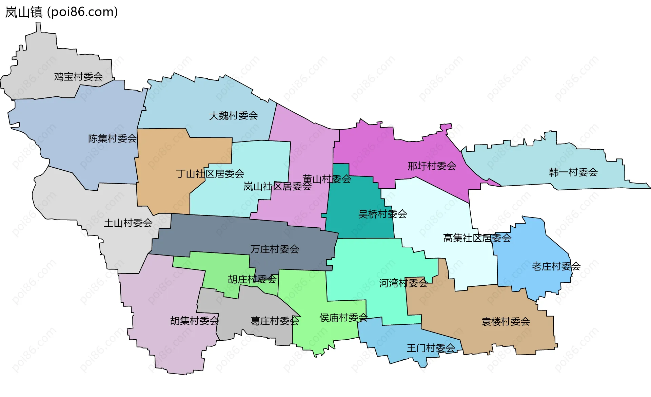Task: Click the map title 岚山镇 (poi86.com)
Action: (61, 12)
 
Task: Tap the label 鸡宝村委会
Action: (78, 77)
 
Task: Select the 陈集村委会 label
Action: (112, 138)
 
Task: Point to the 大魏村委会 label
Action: (233, 116)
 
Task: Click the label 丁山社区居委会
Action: (210, 174)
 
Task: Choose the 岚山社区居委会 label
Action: (277, 186)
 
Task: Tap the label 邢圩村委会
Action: (432, 166)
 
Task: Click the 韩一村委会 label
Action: (573, 172)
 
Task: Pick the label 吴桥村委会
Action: (382, 214)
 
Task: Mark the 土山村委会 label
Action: (128, 223)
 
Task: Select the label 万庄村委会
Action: (275, 249)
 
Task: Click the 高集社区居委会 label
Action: (477, 238)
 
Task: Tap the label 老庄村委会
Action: (556, 266)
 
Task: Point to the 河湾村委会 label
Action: (403, 283)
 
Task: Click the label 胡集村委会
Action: (194, 321)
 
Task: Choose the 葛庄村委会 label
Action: (275, 321)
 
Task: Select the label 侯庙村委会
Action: (343, 318)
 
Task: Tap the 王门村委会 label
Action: (431, 348)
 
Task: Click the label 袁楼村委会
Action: (506, 321)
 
